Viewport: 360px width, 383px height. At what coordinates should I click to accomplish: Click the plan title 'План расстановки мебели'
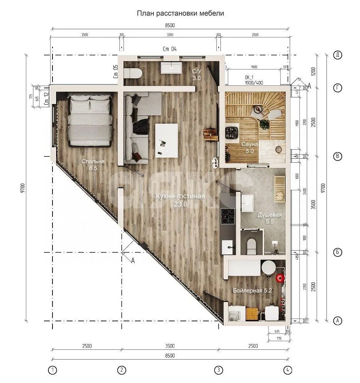[x=180, y=13]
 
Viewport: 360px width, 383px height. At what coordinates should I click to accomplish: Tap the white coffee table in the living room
[x=166, y=140]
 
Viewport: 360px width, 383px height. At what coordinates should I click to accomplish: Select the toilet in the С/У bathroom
[x=133, y=73]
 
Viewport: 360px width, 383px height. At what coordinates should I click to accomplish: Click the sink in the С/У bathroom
[x=172, y=68]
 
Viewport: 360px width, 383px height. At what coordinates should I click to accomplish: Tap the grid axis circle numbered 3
[x=218, y=370]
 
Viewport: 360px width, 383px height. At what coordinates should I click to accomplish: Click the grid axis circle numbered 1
[x=53, y=370]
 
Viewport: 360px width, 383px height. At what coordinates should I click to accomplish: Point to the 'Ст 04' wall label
[x=170, y=49]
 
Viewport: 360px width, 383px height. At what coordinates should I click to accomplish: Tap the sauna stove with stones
[x=232, y=132]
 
